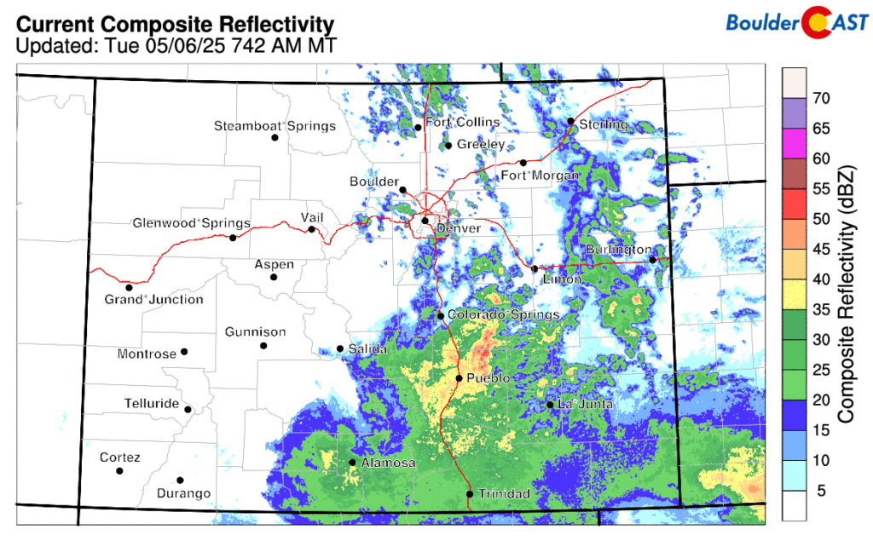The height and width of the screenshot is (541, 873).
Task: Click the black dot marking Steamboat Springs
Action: coord(275,138)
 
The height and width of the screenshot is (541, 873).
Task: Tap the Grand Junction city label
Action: coord(153,299)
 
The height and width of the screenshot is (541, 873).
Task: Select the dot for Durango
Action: coord(180,481)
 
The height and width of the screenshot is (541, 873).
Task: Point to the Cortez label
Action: coord(119,458)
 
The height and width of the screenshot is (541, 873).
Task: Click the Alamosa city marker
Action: coord(352,463)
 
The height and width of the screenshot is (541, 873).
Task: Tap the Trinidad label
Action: coord(504,494)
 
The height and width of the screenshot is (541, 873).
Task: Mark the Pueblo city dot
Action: coord(459,378)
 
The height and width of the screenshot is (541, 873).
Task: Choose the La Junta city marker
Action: coord(551,405)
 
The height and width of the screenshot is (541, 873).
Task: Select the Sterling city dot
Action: coord(571,121)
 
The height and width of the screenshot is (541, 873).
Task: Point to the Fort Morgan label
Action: coord(540,176)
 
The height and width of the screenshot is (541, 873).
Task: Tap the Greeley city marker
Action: coord(448,146)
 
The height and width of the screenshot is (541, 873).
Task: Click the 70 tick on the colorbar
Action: coord(821,98)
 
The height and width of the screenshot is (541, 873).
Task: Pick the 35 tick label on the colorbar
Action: coord(821,309)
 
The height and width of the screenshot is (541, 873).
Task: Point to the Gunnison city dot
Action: coord(263,346)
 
